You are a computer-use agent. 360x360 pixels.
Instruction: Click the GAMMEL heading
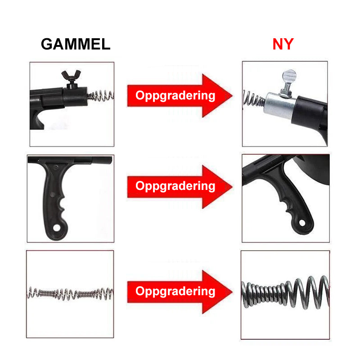(x=76, y=44)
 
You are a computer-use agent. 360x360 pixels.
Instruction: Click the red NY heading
(x=283, y=44)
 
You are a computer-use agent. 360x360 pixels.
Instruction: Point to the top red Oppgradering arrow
(x=180, y=95)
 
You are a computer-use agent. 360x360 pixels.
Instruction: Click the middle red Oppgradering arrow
(x=180, y=186)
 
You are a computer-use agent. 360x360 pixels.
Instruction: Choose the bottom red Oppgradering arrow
(x=180, y=292)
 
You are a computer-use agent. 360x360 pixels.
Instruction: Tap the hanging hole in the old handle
(x=57, y=228)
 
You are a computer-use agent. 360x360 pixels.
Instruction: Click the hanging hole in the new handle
(x=302, y=222)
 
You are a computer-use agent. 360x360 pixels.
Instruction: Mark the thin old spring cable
(x=70, y=293)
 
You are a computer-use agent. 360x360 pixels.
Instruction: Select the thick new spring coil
(x=285, y=292)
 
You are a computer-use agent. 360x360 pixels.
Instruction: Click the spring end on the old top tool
(x=100, y=96)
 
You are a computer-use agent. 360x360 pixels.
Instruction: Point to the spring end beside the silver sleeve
(x=253, y=99)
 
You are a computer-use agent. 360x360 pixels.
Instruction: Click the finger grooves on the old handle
(x=62, y=206)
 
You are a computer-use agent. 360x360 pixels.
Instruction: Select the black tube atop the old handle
(x=70, y=160)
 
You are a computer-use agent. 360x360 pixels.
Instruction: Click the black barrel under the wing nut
(x=75, y=96)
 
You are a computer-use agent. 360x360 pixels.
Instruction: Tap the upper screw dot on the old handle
(x=55, y=168)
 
